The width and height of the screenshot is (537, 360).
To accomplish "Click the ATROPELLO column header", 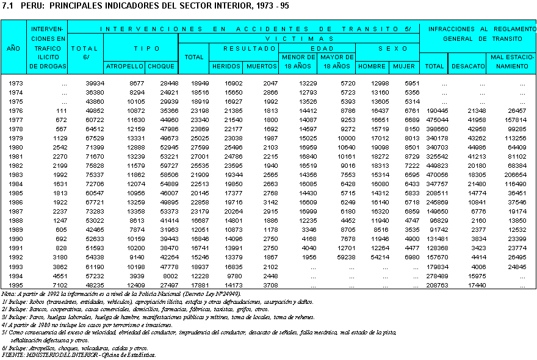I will [124, 66].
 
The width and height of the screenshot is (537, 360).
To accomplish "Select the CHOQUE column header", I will [162, 66].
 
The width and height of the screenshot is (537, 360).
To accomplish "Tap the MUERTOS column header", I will [261, 66].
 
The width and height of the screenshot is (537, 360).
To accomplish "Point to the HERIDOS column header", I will [226, 66].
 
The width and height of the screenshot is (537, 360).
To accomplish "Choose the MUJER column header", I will [404, 66].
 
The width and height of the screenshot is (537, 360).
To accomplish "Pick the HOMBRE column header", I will [372, 66].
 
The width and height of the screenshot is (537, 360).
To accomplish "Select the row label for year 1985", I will [15, 193].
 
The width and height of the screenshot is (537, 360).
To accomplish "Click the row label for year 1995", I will [15, 284].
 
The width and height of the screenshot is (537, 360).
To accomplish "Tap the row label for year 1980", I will [15, 147].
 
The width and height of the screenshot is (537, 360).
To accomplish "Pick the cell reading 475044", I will [434, 120].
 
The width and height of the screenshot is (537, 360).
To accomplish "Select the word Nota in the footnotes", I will [9, 294].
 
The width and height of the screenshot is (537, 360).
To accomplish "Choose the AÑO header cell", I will [13, 48].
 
